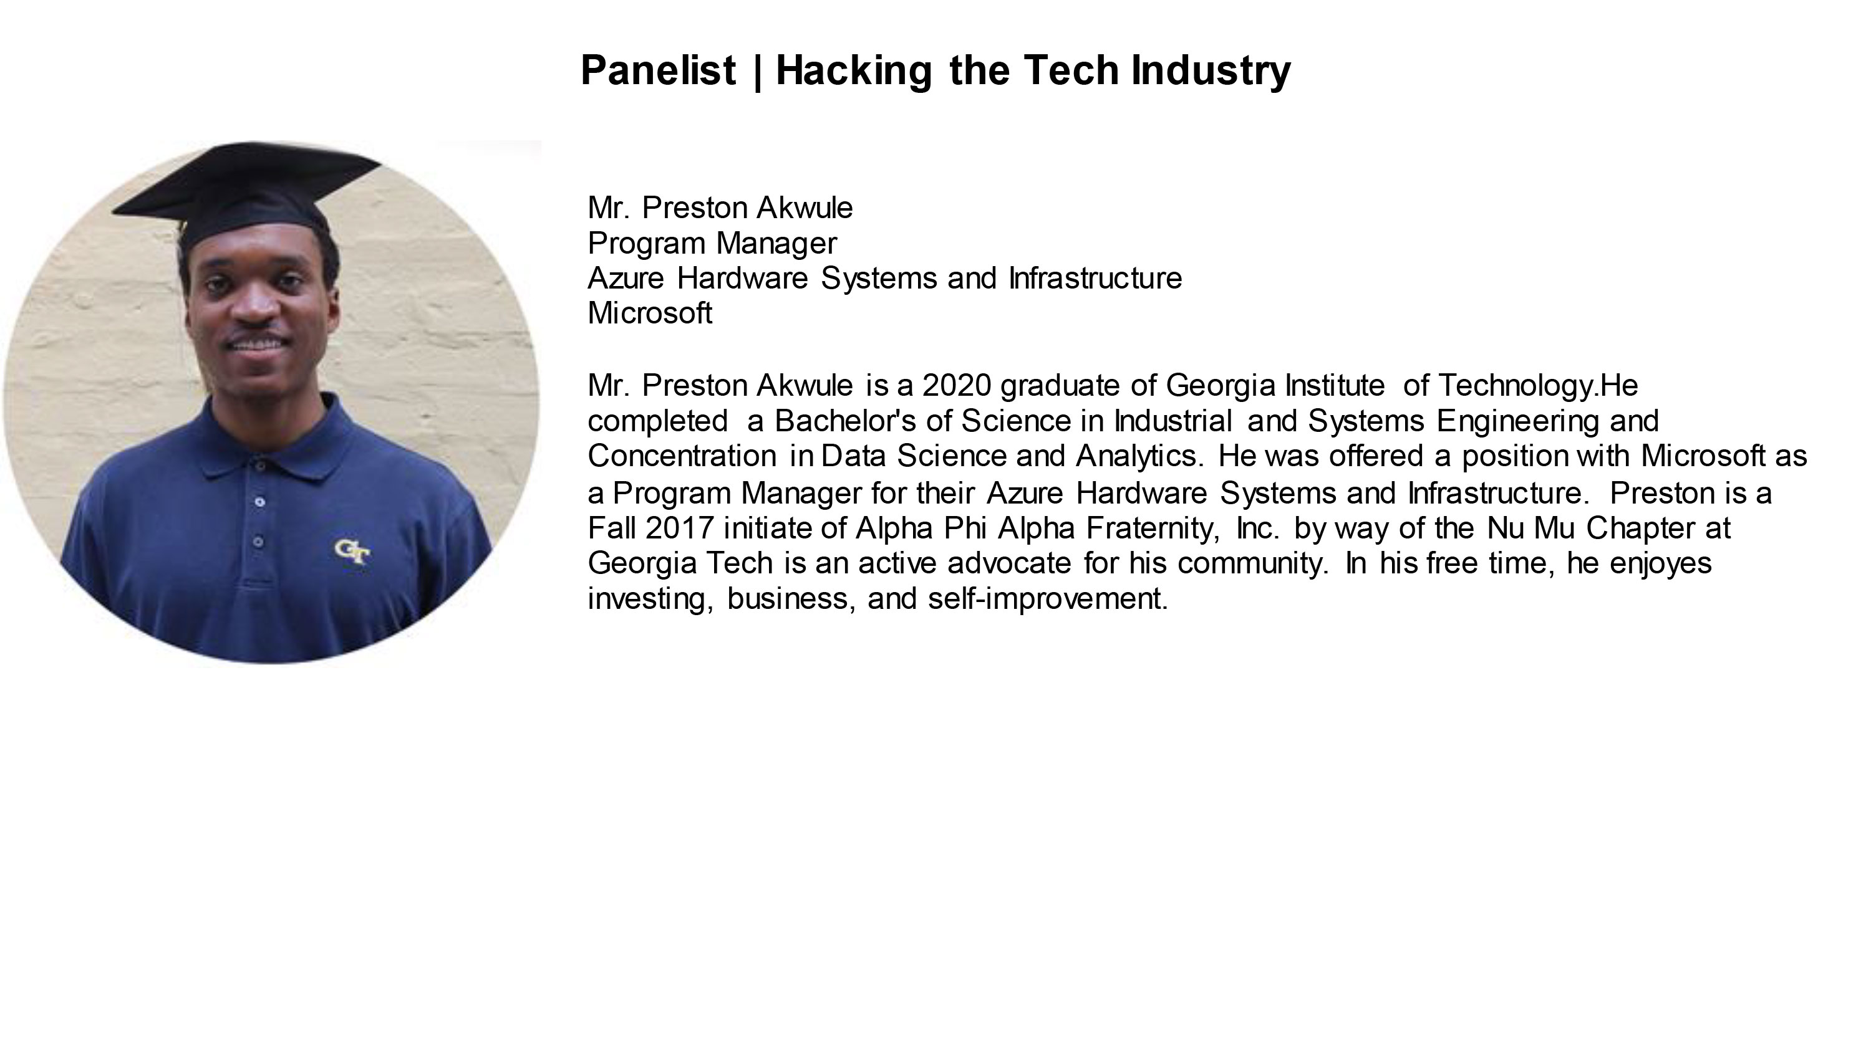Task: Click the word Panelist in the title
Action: tap(658, 70)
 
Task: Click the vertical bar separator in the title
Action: tap(758, 71)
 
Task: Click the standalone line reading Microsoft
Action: tap(649, 313)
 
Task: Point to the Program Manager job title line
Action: tap(712, 244)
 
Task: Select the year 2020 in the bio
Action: tap(957, 386)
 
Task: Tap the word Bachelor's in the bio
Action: tap(844, 421)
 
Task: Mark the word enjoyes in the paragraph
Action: tap(1660, 564)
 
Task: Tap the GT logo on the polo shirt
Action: tap(352, 550)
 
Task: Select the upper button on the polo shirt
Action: tap(260, 501)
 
